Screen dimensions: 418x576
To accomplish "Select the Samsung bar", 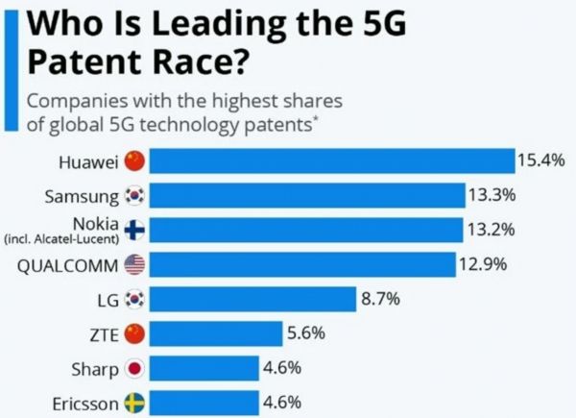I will point(307,196).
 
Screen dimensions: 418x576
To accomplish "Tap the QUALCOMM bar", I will point(302,264).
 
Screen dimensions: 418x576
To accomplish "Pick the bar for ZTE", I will point(217,334).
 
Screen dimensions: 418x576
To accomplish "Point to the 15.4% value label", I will point(540,160).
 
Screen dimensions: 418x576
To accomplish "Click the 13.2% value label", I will point(492,229).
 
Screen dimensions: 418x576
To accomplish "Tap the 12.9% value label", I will point(481,263).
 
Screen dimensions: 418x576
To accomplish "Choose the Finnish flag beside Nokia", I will point(134,231).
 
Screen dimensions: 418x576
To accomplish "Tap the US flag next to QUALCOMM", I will point(134,265).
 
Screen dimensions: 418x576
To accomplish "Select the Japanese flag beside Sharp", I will point(134,369).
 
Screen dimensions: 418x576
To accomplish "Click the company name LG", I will point(108,300).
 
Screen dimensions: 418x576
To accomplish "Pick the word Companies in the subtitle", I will point(76,100).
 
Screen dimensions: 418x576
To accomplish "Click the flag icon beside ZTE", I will point(134,334).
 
